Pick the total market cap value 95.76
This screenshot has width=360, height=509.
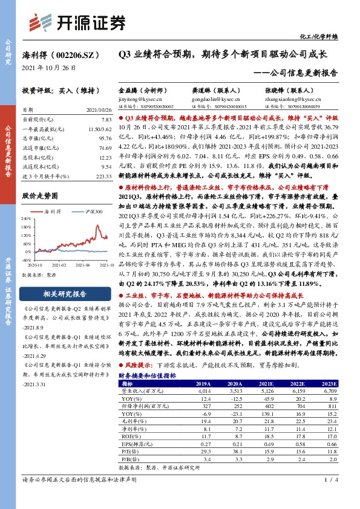coord(105,138)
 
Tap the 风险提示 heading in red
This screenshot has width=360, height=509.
coord(139,366)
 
